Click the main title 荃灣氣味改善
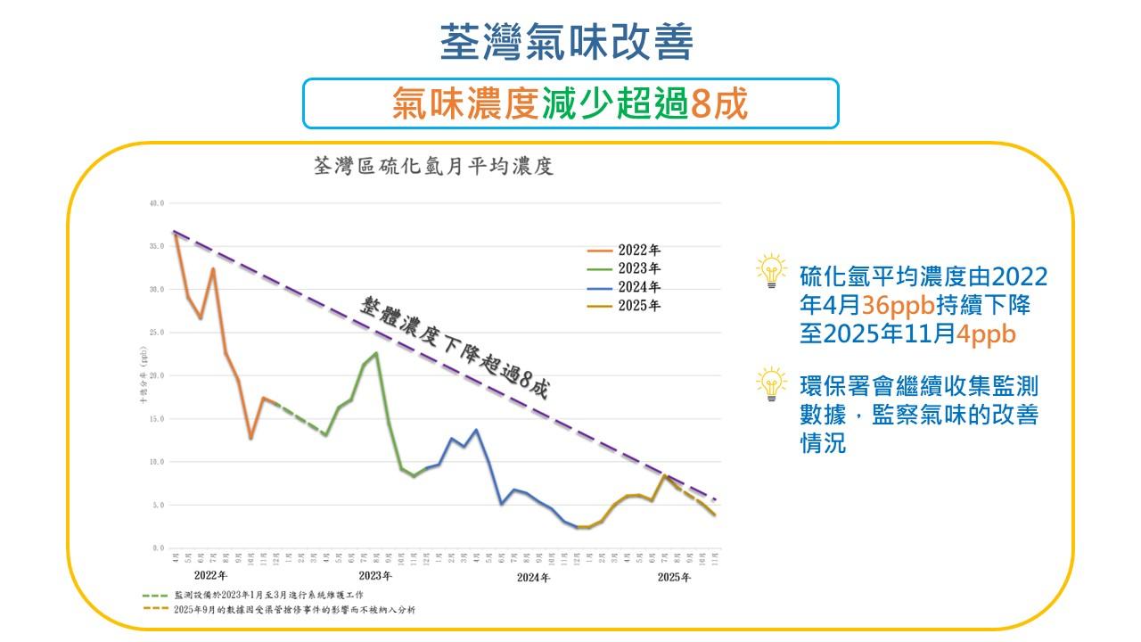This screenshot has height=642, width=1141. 567,42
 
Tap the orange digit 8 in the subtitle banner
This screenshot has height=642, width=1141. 700,104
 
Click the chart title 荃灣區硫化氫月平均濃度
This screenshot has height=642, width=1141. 436,167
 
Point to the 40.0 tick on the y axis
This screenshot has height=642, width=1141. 156,203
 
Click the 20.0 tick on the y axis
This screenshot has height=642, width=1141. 156,375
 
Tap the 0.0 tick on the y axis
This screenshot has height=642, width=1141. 158,548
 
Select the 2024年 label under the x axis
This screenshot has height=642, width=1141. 533,577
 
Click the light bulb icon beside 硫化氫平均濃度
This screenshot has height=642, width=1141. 771,271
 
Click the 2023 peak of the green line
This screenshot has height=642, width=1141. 376,353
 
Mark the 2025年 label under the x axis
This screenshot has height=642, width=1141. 674,577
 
